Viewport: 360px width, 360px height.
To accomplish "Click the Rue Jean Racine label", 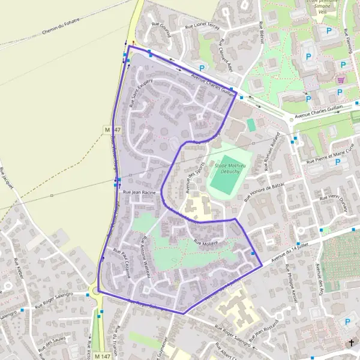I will pos(139,193).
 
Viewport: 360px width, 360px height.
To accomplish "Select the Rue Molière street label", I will pos(205,242).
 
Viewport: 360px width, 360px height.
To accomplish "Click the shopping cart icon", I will pos(341,79).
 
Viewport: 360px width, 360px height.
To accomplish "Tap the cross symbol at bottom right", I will pos(352,343).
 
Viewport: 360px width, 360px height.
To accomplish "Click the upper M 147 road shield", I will pos(108,130).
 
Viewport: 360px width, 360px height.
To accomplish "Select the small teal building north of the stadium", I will pos(251,124).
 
